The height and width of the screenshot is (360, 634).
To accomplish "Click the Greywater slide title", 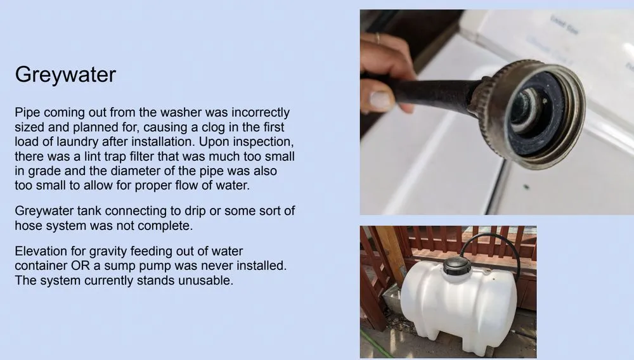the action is pyautogui.click(x=65, y=75).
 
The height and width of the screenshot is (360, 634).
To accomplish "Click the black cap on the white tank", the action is pyautogui.click(x=457, y=266).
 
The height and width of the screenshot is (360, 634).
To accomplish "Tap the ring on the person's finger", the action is pyautogui.click(x=378, y=39).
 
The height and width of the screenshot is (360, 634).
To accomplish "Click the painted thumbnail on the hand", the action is pyautogui.click(x=380, y=100).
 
